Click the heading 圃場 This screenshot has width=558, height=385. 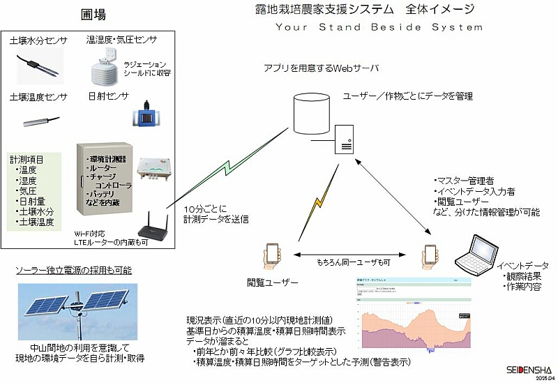tap(93, 15)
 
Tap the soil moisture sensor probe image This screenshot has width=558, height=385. tap(39, 65)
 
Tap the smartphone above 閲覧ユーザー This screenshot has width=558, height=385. tap(272, 255)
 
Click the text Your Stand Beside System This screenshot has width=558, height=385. tap(379, 27)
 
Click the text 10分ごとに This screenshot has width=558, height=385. tap(203, 209)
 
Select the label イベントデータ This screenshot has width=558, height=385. tap(522, 266)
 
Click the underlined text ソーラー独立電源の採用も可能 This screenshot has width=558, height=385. tap(74, 270)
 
